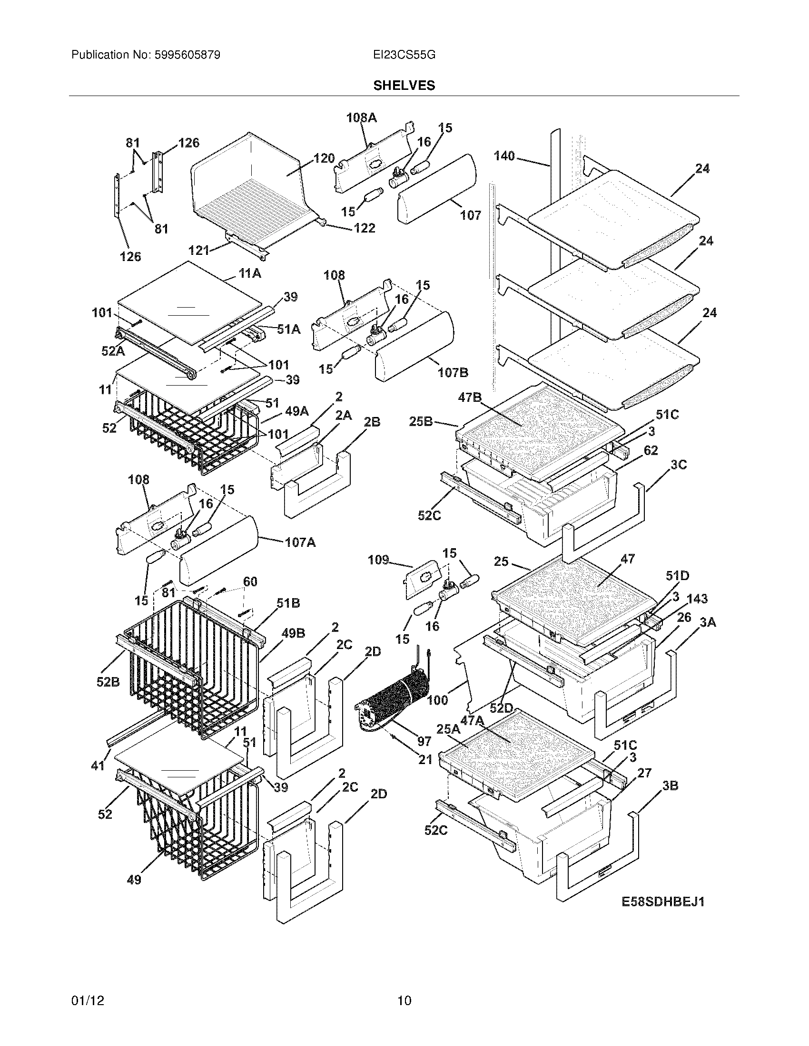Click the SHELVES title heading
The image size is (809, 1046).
click(404, 86)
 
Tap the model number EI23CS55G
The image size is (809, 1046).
click(404, 55)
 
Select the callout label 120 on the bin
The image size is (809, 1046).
click(324, 158)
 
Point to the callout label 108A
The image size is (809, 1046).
click(362, 117)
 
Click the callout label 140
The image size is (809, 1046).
click(503, 155)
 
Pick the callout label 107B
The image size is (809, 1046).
click(453, 372)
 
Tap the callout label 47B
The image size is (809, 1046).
click(470, 397)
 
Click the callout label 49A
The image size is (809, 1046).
click(296, 411)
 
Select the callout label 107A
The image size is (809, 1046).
click(300, 542)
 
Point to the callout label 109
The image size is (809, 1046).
click(378, 560)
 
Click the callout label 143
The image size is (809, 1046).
click(697, 599)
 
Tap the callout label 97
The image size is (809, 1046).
click(424, 741)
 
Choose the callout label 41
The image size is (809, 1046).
click(98, 766)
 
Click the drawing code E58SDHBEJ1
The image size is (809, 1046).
click(663, 902)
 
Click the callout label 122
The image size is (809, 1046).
click(364, 228)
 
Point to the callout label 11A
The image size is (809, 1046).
click(250, 273)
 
